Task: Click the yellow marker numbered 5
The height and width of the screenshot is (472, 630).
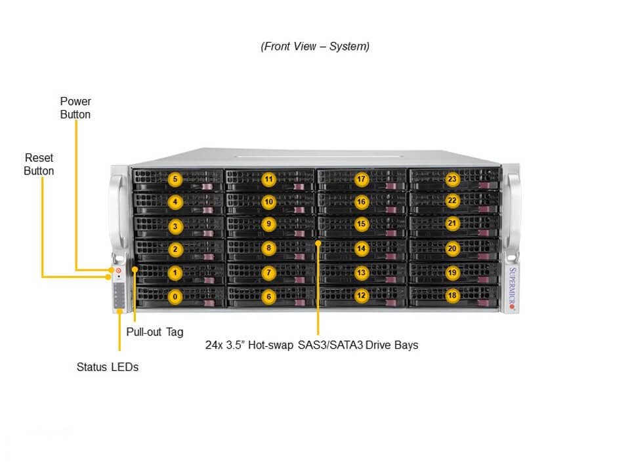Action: (175, 179)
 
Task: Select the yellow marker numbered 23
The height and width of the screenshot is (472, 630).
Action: (452, 179)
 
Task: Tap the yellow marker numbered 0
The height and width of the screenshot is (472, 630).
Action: (175, 296)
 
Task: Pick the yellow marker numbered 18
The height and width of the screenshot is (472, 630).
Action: (452, 296)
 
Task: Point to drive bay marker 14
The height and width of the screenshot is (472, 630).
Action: (361, 249)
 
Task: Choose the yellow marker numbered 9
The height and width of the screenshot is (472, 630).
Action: (268, 225)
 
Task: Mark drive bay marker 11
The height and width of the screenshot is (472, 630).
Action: (268, 179)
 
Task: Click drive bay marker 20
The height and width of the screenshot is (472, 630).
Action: (452, 249)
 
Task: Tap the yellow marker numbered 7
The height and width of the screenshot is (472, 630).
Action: (268, 272)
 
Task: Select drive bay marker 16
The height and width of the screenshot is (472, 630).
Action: (361, 202)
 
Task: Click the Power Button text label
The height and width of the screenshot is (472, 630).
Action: (75, 108)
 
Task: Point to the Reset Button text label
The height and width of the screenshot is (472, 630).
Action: (39, 165)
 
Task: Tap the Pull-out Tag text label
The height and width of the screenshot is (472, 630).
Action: (155, 332)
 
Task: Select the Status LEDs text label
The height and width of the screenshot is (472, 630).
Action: (108, 367)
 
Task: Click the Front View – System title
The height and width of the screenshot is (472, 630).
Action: (315, 46)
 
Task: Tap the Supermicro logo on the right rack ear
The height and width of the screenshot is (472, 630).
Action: (513, 288)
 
